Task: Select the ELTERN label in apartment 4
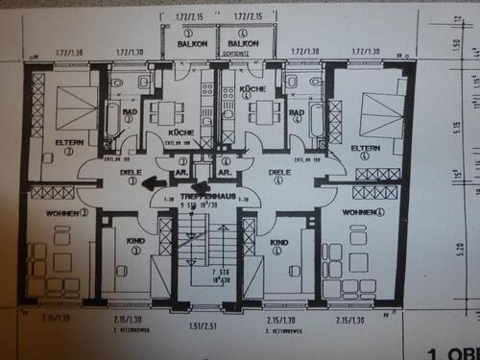pos(366,148)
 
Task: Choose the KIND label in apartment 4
pos(278,243)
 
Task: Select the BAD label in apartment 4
pos(297,114)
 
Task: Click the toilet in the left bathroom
pos(116,85)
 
